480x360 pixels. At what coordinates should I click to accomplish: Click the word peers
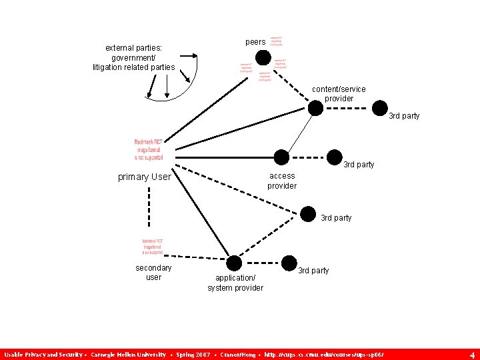pos(255,42)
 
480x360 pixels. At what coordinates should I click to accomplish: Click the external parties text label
pos(133,57)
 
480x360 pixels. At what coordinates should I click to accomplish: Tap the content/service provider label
pos(339,94)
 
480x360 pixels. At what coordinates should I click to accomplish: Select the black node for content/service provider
pos(315,107)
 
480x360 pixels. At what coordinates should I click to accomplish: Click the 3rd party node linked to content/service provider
pos(379,107)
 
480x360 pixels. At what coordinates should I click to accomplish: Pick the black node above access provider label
pos(282,157)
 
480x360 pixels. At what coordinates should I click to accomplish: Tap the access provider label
pos(282,181)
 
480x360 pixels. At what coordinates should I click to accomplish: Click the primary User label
pos(144,177)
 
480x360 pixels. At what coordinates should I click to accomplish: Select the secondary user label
pos(153,272)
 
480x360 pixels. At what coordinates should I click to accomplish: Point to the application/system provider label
pos(235,283)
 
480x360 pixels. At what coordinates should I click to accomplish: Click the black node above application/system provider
pos(234,263)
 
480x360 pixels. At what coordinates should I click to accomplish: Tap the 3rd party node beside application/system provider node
pos(289,262)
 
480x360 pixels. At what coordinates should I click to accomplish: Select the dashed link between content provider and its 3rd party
pos(347,107)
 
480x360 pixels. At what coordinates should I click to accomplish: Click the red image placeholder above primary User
pos(149,149)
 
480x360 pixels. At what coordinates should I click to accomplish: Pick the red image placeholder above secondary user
pos(152,247)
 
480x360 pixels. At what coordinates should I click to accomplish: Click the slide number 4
pos(472,355)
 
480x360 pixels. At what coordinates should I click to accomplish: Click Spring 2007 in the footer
pos(193,355)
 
